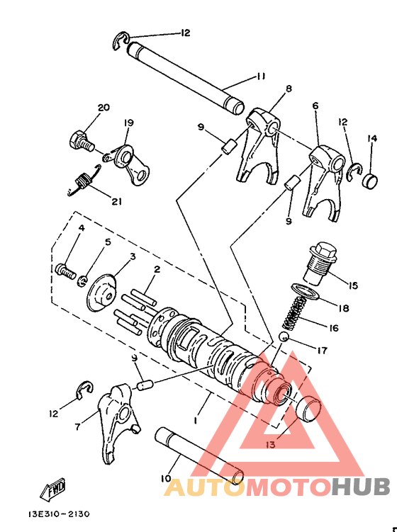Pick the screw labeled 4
click(65, 270)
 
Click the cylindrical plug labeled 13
click(307, 410)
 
